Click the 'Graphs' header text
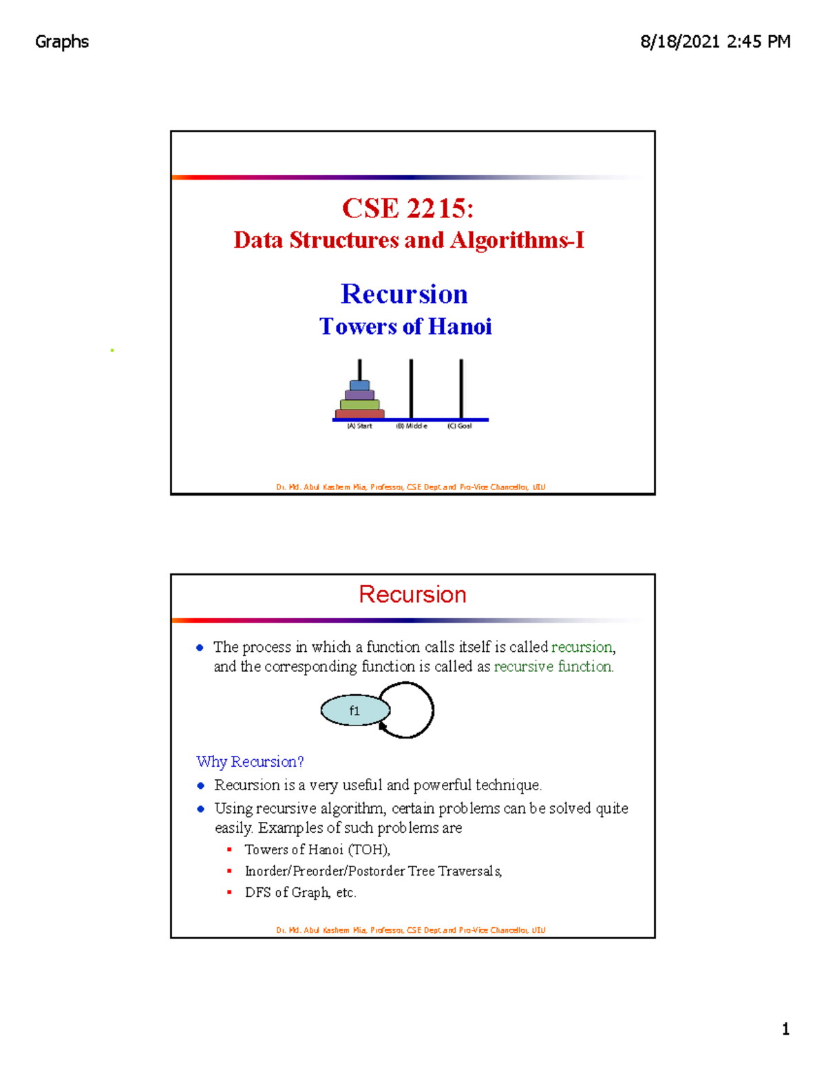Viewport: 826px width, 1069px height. point(62,42)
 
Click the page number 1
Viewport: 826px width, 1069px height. point(785,1029)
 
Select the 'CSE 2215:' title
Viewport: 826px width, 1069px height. point(408,209)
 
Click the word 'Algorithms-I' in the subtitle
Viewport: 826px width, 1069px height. point(517,240)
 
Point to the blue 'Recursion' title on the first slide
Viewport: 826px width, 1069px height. point(404,294)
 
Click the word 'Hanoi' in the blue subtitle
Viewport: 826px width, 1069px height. point(459,326)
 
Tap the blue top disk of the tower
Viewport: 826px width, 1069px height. point(359,385)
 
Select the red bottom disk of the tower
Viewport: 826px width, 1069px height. point(359,414)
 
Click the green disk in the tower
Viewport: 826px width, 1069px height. point(359,405)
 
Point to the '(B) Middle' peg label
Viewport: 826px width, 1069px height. point(411,426)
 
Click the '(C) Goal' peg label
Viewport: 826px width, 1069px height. point(459,426)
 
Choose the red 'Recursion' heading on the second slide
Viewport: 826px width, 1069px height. point(412,595)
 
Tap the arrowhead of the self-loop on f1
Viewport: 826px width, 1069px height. point(383,726)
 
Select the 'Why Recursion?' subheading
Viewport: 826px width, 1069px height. point(250,761)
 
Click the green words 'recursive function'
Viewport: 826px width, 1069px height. point(553,666)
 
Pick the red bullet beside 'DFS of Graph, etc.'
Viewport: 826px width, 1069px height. point(229,892)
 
